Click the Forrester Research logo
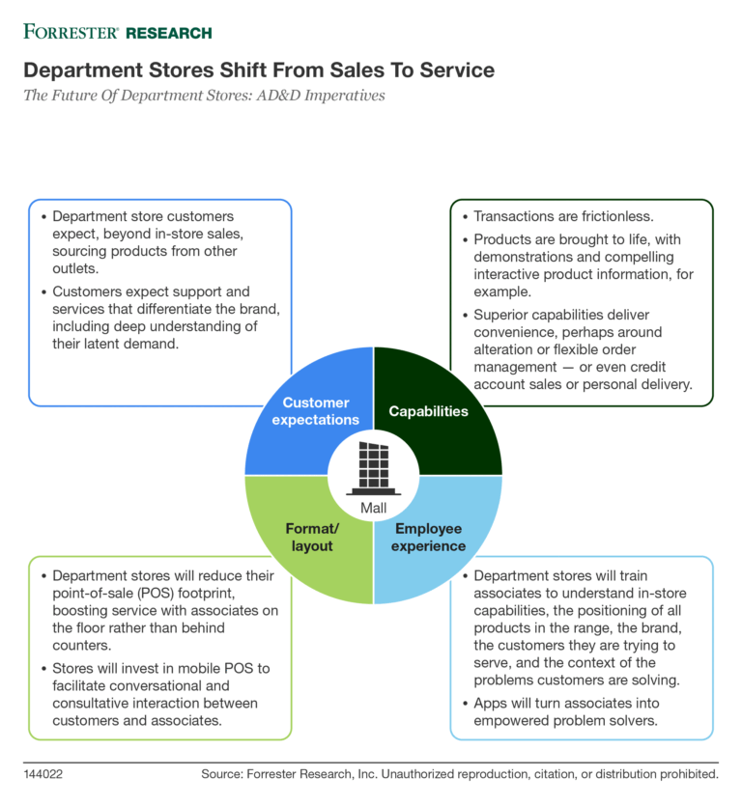[x=117, y=32]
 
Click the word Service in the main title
[x=450, y=70]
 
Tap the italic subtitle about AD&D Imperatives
[x=206, y=97]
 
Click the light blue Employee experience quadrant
[x=429, y=537]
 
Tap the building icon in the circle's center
[x=373, y=465]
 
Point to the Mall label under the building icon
[x=373, y=508]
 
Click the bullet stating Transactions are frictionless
[x=560, y=217]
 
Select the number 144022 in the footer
[x=44, y=774]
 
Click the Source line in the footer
[x=460, y=774]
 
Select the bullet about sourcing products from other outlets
[x=145, y=242]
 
